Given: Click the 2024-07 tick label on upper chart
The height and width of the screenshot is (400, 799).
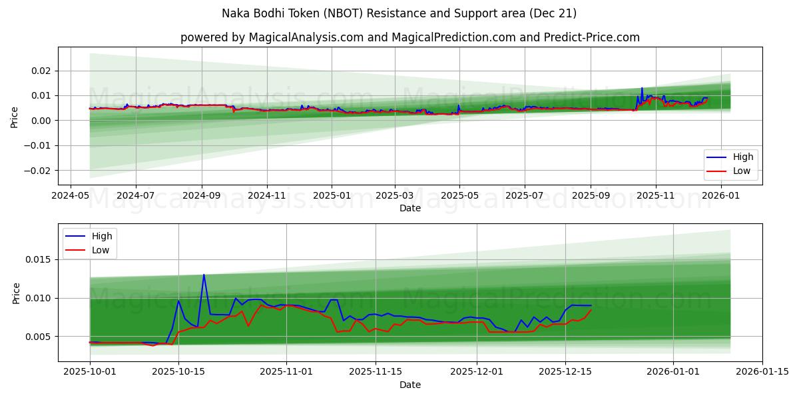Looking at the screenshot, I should tap(136, 195).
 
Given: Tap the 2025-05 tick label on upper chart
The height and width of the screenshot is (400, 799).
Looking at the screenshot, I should tap(459, 195).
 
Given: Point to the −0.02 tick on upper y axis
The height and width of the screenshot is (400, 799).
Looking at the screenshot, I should tap(39, 170).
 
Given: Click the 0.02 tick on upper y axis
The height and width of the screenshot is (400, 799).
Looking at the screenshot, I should tap(41, 71).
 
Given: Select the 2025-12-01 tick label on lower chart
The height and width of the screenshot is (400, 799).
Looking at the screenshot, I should tap(477, 372).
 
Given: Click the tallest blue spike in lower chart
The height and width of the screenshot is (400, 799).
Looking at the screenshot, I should tap(204, 275).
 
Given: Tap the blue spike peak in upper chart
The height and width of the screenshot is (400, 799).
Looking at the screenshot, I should tap(642, 88).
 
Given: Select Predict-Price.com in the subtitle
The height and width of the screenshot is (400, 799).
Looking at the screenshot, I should tap(595, 37).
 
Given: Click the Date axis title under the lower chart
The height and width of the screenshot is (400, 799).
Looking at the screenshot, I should tap(410, 385).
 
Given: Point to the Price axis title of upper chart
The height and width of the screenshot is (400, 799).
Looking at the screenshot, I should tap(15, 117).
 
